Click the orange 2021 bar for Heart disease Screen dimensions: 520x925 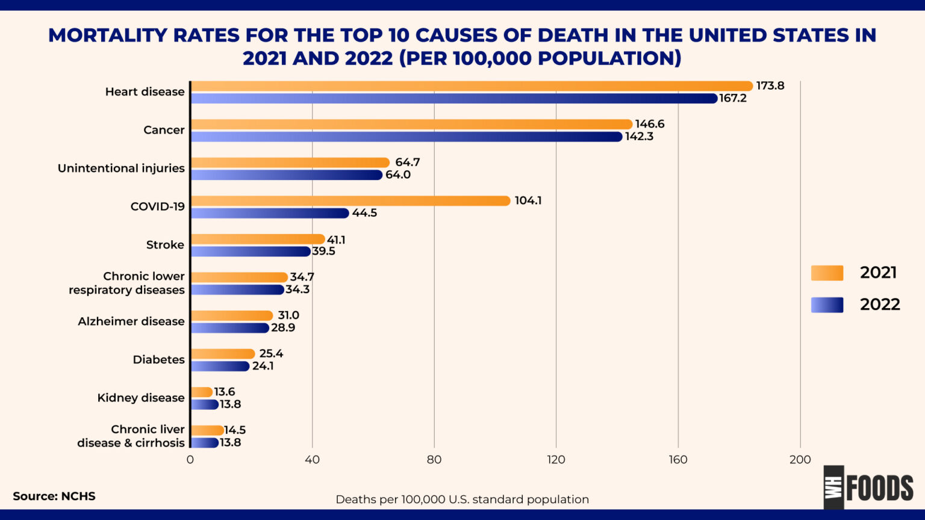click(x=471, y=86)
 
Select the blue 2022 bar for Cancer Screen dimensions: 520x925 click(x=406, y=137)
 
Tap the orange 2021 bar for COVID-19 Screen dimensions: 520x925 click(x=350, y=201)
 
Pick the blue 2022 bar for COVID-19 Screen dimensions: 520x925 click(x=270, y=213)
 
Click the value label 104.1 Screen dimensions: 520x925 click(x=528, y=200)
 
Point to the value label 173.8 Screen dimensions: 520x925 click(x=770, y=85)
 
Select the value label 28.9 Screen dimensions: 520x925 click(x=283, y=328)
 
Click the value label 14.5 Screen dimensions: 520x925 click(x=235, y=430)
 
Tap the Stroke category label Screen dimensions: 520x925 click(x=165, y=245)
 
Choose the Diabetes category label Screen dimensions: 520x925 click(x=158, y=360)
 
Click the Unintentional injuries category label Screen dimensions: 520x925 click(x=121, y=169)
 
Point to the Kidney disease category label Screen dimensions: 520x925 click(x=141, y=398)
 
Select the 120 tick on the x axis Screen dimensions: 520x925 click(x=556, y=460)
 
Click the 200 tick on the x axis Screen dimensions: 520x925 click(x=800, y=460)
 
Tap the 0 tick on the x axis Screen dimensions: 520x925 click(x=190, y=460)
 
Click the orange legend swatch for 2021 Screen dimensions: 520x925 click(x=827, y=273)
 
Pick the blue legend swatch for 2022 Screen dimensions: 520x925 click(x=827, y=305)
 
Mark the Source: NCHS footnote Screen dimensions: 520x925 click(x=54, y=497)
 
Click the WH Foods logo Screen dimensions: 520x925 click(x=868, y=487)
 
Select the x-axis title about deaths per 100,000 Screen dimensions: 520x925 click(x=462, y=500)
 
